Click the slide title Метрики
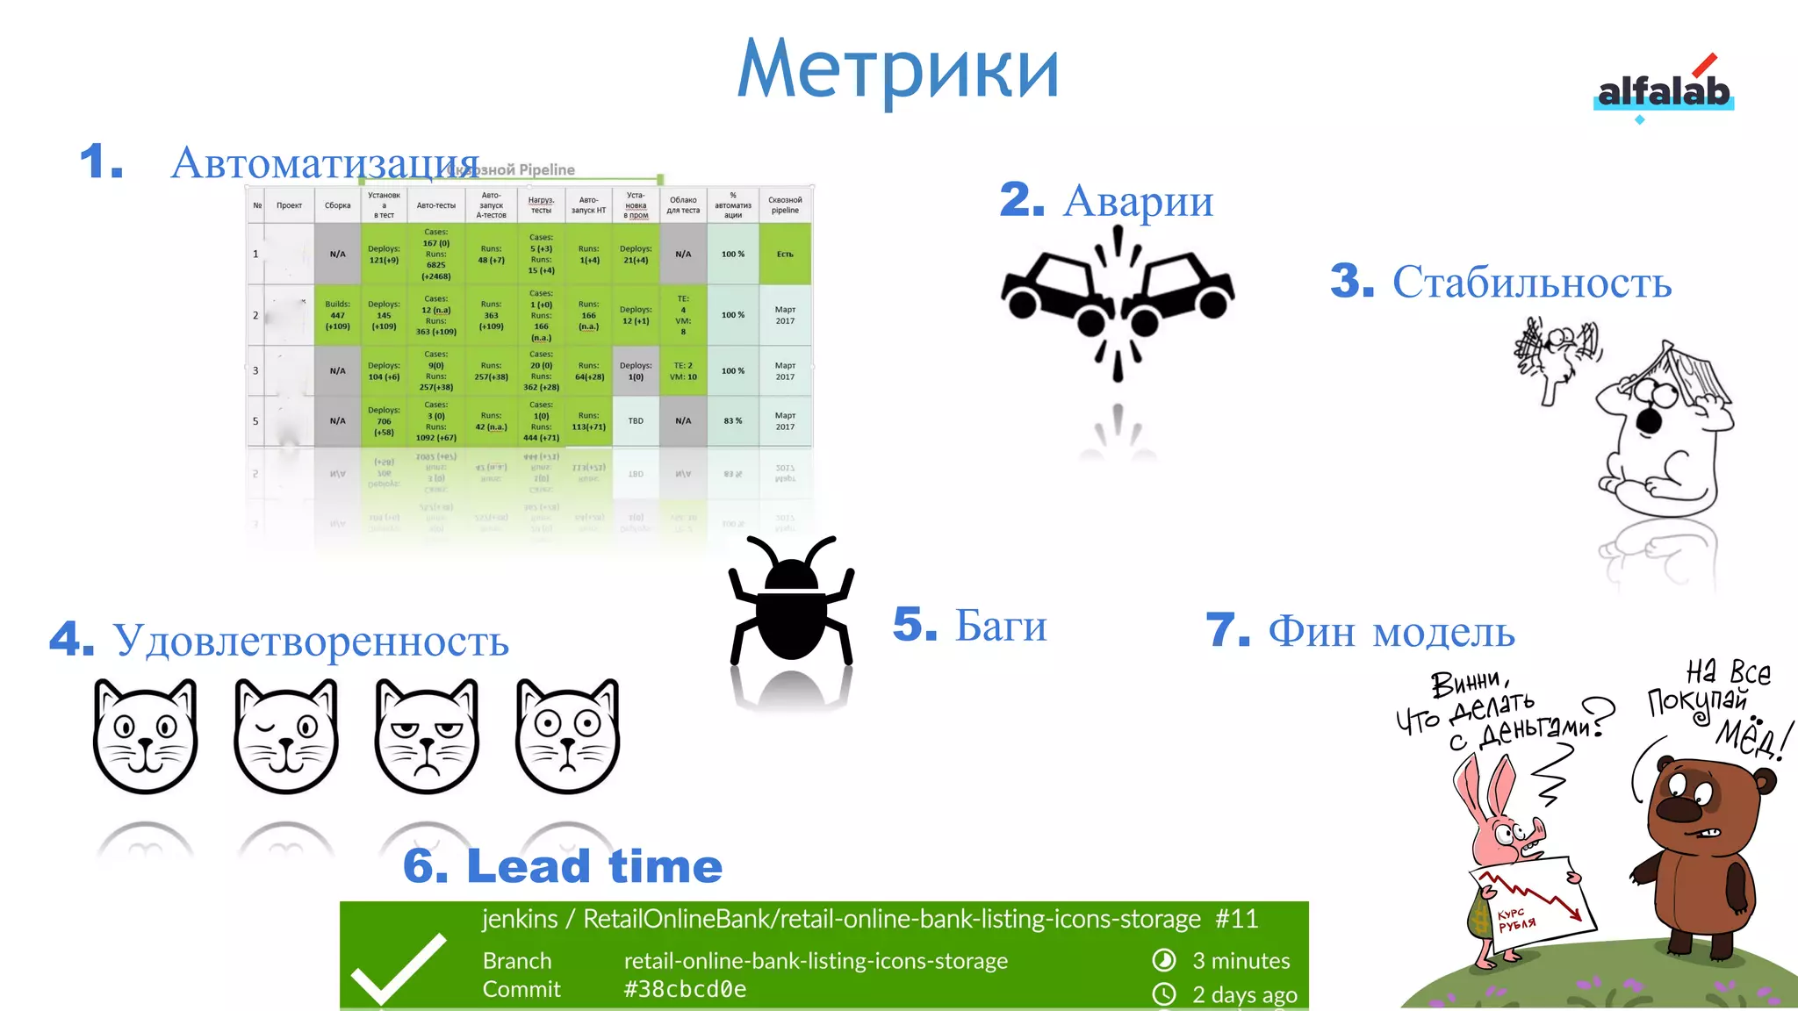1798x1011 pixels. coord(898,69)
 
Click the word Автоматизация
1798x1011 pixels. coord(325,162)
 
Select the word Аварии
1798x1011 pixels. coord(1138,200)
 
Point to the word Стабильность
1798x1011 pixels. coord(1531,282)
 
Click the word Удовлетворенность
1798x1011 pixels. coord(311,640)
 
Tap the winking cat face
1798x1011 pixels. coord(286,735)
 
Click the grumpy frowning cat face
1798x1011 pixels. coord(427,735)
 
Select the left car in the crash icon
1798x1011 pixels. coord(1054,285)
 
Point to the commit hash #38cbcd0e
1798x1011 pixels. coord(685,989)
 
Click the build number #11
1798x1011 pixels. coord(1236,919)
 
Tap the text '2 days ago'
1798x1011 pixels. coord(1244,995)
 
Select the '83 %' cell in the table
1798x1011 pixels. coord(733,421)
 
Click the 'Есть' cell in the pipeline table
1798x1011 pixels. coord(785,255)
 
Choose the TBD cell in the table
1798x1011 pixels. coord(636,421)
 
